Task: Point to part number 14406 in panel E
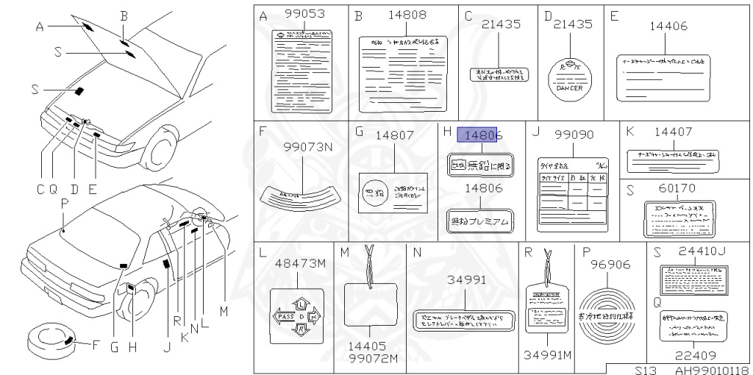[x=668, y=26]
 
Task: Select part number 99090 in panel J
[x=573, y=135]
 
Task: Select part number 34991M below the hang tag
[x=547, y=356]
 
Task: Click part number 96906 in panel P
[x=612, y=264]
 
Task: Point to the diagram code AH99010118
[x=711, y=370]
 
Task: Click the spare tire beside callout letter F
[x=49, y=339]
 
